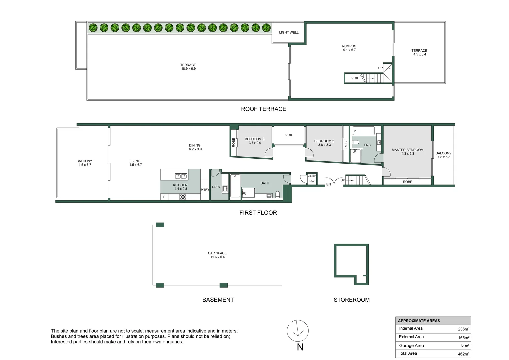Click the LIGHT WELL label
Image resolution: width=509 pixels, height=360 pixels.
pos(289,33)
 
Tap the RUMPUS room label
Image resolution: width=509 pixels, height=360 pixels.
pos(349,46)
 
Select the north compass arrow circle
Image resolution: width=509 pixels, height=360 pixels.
pos(298,331)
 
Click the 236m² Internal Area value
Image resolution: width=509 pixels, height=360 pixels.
pos(464,329)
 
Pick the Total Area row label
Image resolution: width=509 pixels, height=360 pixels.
pos(408,353)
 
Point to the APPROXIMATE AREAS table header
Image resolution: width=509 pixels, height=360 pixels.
pos(419,321)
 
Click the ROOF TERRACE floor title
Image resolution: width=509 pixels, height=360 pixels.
pos(263,109)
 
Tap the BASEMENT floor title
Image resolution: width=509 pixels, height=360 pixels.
pos(218,300)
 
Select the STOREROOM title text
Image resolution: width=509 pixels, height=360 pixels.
pos(351,300)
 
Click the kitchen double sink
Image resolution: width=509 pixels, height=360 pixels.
pos(181,176)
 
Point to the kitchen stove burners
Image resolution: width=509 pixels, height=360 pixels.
pos(183,197)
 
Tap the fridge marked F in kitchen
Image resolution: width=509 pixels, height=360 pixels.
pos(164,197)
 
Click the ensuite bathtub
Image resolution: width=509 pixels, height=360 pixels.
pos(363,131)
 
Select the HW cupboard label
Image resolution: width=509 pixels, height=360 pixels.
pos(312,181)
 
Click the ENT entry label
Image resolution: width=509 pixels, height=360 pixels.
pos(329,184)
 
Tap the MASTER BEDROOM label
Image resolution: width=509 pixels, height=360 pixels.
pos(407,150)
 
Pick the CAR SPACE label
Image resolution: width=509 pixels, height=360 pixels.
pos(217,253)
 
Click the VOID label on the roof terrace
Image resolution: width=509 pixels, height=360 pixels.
pos(355,78)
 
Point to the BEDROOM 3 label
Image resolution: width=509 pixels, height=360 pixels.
pos(254,139)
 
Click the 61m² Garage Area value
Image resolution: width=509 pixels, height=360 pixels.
pos(465,346)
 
